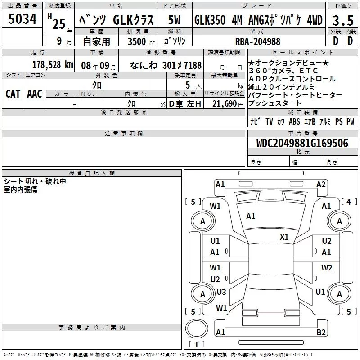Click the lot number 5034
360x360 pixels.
point(22,19)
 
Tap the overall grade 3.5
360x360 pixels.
point(343,20)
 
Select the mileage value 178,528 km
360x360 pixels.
point(53,65)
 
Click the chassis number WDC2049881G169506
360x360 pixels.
point(302,143)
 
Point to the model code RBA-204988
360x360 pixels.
point(258,41)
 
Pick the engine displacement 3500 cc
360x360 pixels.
point(141,41)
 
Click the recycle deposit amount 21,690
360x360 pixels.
point(224,104)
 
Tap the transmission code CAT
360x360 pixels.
point(13,94)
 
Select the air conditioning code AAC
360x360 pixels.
point(35,94)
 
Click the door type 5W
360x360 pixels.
point(174,20)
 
